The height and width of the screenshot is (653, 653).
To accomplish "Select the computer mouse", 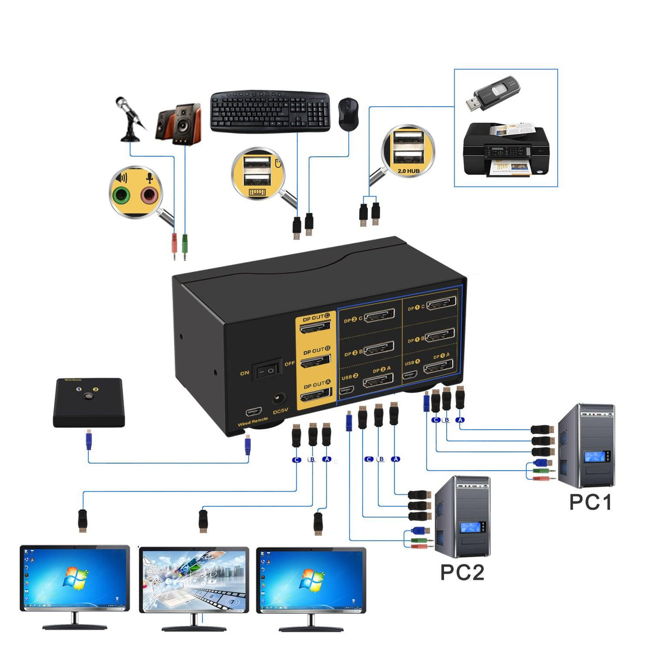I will click(348, 114).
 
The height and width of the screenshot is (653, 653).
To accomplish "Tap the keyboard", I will click(270, 112).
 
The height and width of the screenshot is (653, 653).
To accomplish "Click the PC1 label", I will click(590, 502).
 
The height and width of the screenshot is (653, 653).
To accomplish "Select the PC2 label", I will click(462, 572).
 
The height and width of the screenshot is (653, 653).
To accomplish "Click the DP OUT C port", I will click(316, 327).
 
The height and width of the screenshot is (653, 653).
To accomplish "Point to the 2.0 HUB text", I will click(408, 170).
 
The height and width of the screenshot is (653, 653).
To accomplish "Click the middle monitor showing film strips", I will click(194, 580).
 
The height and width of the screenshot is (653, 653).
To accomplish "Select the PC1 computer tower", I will click(587, 445).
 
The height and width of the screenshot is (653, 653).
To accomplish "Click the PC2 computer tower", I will click(463, 516).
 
